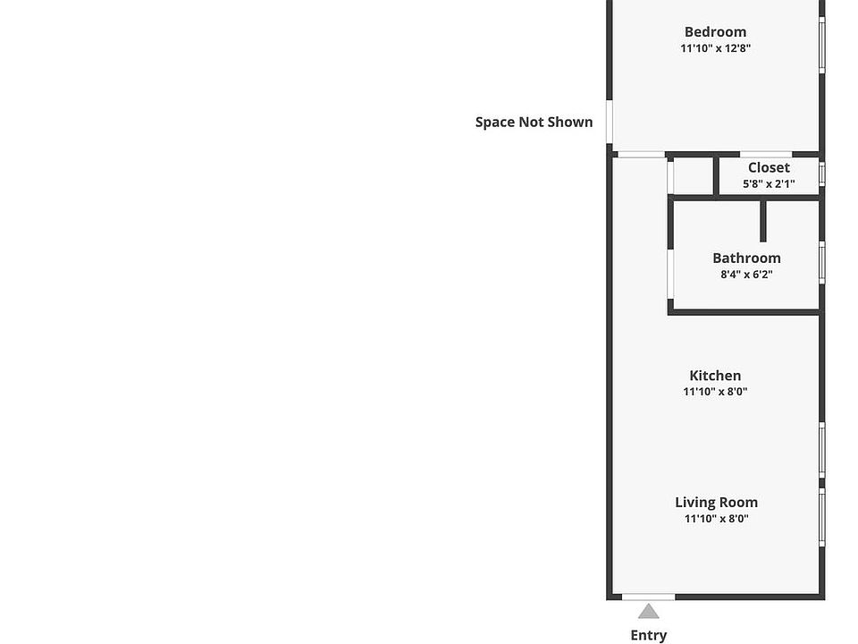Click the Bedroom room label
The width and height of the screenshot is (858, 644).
pyautogui.click(x=715, y=32)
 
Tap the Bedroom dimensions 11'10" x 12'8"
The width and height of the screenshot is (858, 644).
pyautogui.click(x=715, y=48)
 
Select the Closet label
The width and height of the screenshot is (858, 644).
pyautogui.click(x=769, y=167)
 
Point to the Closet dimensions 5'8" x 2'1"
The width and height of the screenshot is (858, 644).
pyautogui.click(x=769, y=184)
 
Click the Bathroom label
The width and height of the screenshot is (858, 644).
pyautogui.click(x=746, y=258)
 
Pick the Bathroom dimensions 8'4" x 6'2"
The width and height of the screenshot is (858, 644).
pyautogui.click(x=746, y=275)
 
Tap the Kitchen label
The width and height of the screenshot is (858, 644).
pyautogui.click(x=715, y=376)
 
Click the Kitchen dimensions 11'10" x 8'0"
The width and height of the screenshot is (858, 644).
pyautogui.click(x=715, y=392)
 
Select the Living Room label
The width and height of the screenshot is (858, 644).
pyautogui.click(x=716, y=503)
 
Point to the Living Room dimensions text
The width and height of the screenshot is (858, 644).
pyautogui.click(x=716, y=519)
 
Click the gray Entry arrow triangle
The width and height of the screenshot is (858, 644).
pyautogui.click(x=649, y=612)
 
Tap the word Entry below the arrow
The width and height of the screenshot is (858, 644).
pyautogui.click(x=649, y=635)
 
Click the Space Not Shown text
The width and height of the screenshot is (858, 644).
pyautogui.click(x=534, y=123)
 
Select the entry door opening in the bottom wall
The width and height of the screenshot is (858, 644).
pyautogui.click(x=649, y=597)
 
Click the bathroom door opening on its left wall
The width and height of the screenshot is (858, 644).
pyautogui.click(x=670, y=274)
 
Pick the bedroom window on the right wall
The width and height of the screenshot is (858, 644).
pyautogui.click(x=822, y=45)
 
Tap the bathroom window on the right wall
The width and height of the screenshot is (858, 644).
pyautogui.click(x=822, y=263)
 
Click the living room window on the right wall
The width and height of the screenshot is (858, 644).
pyautogui.click(x=822, y=518)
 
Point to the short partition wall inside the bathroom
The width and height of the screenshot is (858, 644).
pyautogui.click(x=763, y=221)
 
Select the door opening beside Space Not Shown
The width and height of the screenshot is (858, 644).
pyautogui.click(x=609, y=122)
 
